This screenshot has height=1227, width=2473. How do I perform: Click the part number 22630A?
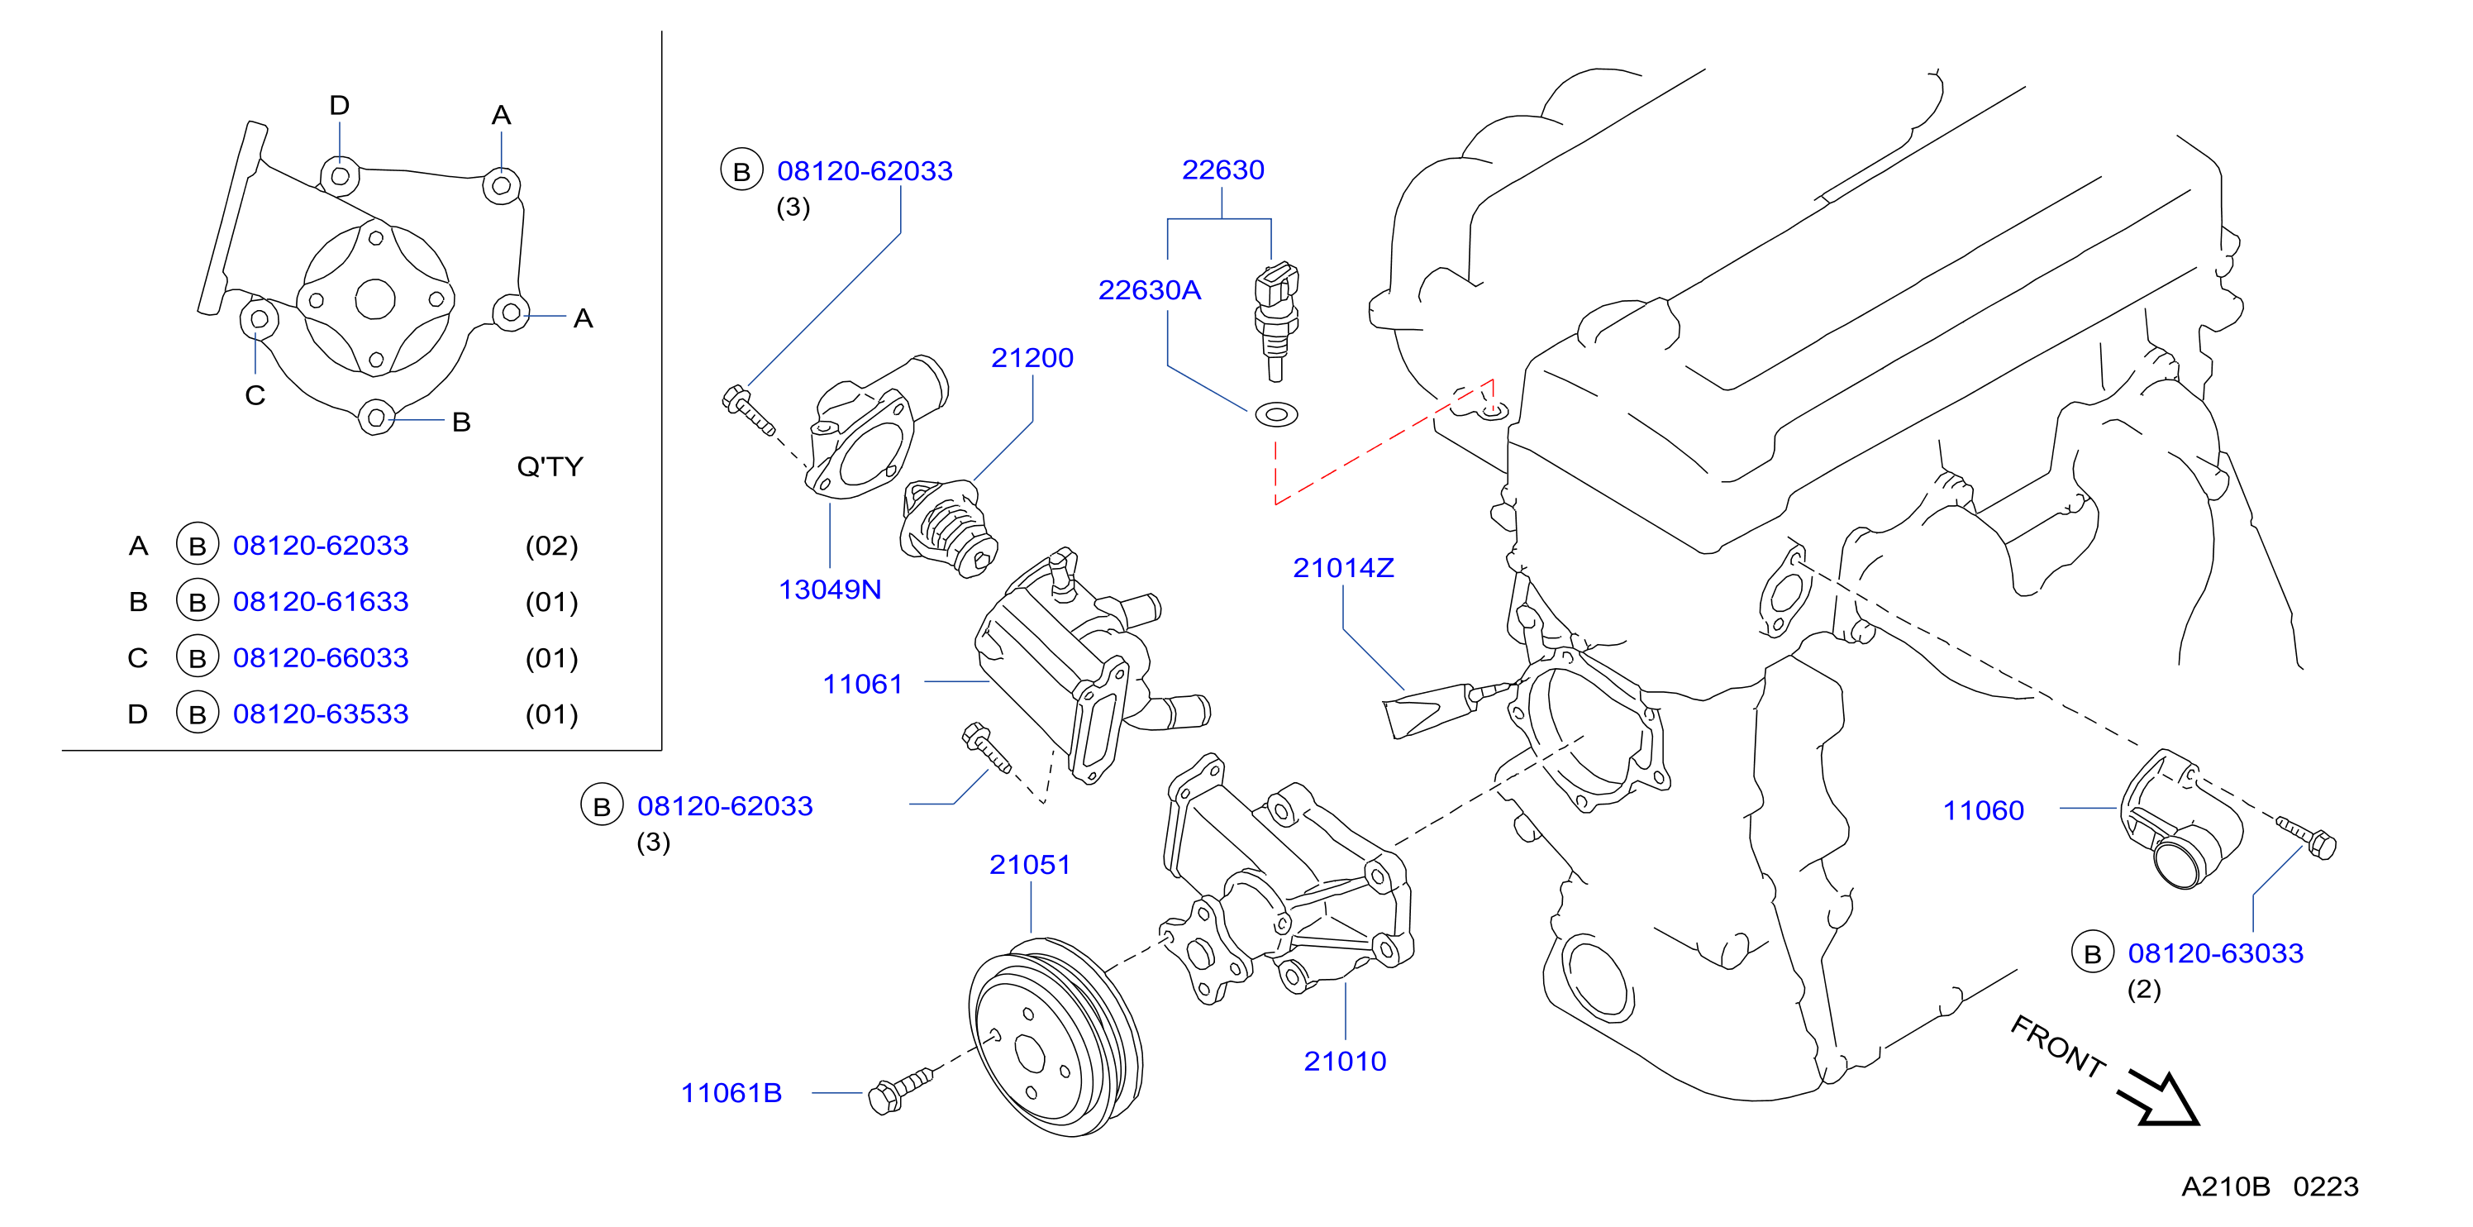[x=1149, y=290]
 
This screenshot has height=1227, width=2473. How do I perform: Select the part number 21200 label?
[x=1032, y=358]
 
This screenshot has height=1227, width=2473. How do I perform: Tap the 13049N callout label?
[x=830, y=590]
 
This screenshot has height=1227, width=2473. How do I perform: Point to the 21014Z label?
[x=1343, y=568]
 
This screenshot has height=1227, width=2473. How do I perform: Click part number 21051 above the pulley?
[x=1029, y=865]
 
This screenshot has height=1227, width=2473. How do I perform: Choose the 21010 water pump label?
[x=1345, y=1062]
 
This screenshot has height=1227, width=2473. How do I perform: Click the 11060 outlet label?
[x=1984, y=811]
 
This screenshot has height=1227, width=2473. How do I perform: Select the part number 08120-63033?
[x=2216, y=953]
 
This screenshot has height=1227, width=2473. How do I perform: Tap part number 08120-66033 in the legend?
[x=321, y=657]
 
